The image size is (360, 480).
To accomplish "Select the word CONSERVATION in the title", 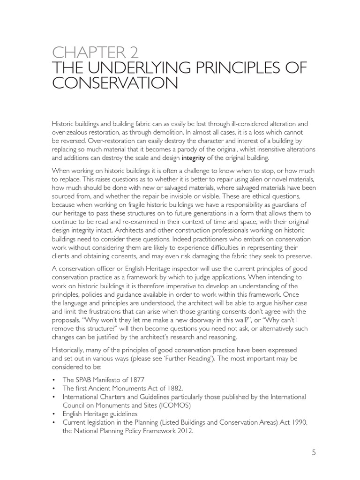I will [x=115, y=84].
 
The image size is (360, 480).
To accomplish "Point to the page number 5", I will [x=314, y=452].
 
